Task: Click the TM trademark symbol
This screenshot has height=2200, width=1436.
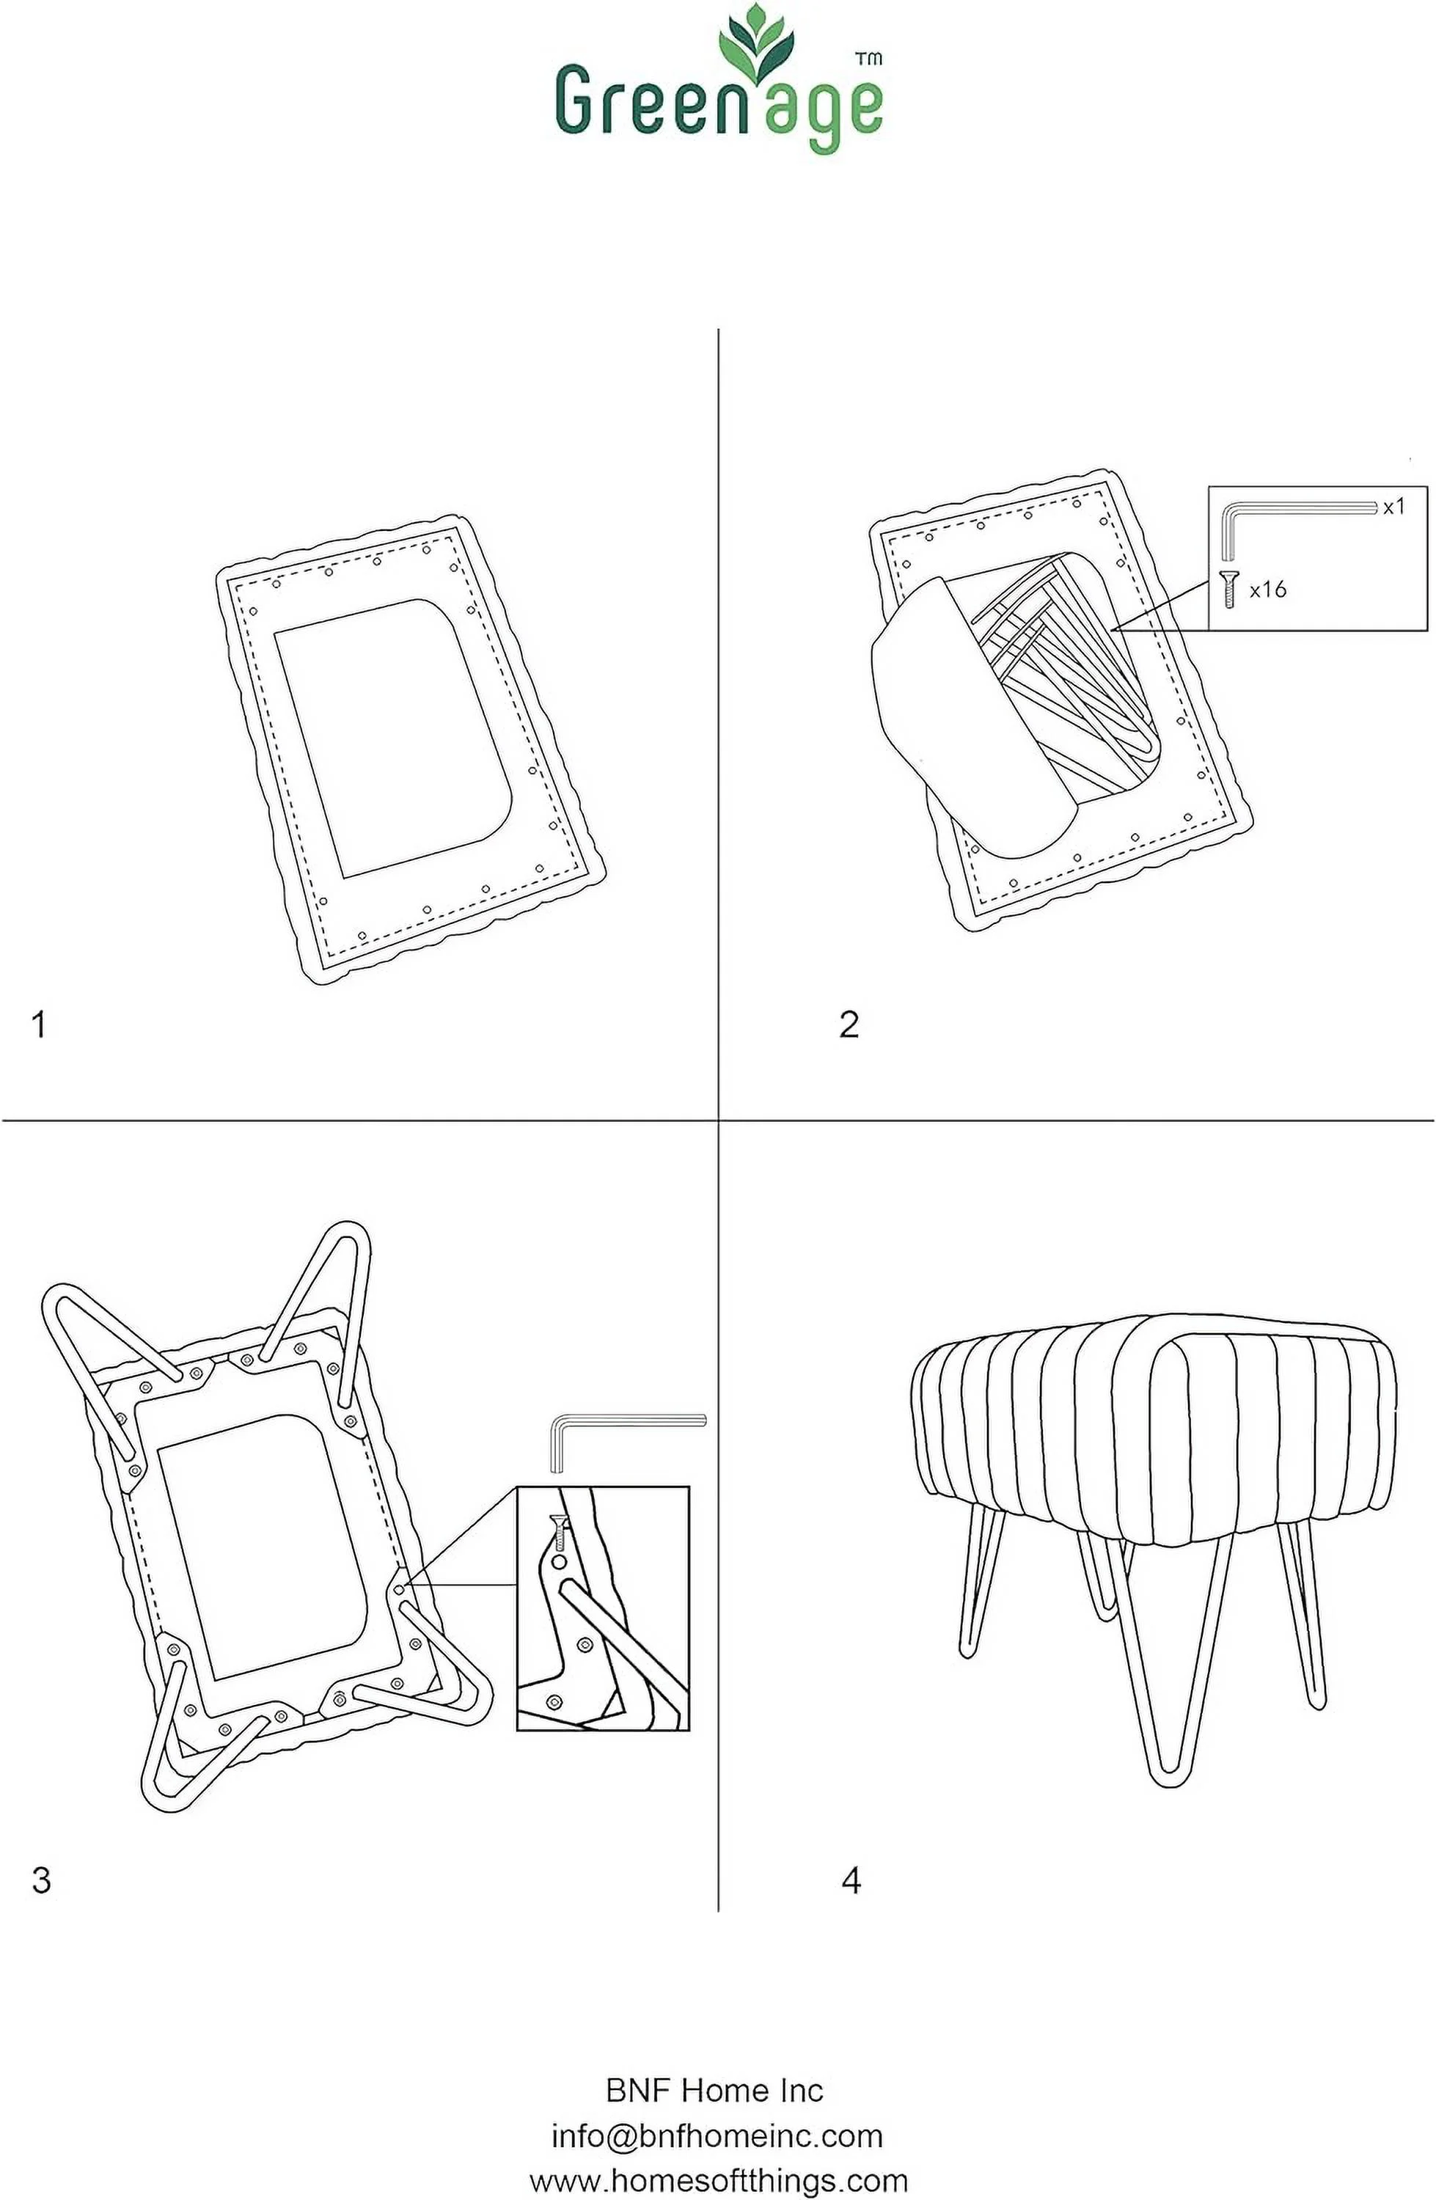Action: coord(868,58)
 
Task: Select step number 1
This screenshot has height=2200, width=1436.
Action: coord(39,1024)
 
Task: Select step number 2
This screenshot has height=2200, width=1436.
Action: coord(849,1024)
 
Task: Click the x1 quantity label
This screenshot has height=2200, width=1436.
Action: coord(1393,507)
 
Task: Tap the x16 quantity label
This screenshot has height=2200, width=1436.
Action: coord(1268,589)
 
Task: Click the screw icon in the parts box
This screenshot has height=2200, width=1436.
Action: coord(1229,589)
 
